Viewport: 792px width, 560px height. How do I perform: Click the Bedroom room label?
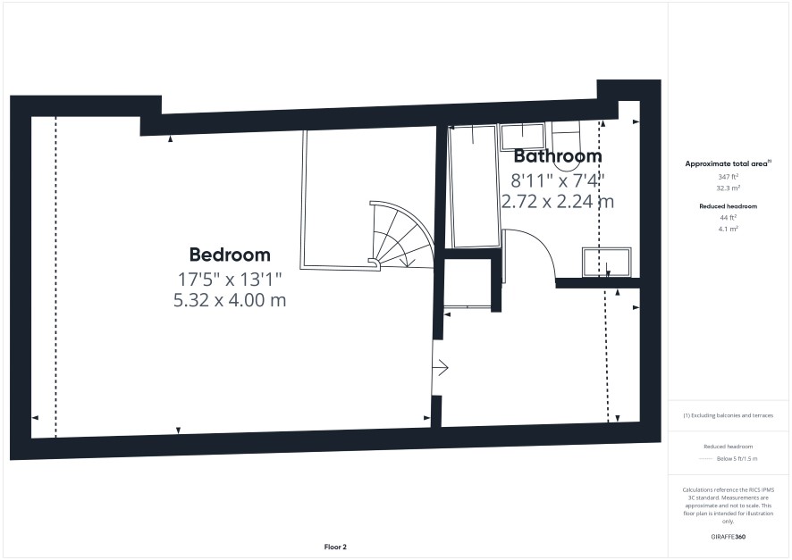230,255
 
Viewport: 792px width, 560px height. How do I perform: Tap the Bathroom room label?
558,156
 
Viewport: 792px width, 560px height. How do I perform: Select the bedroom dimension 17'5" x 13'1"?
230,279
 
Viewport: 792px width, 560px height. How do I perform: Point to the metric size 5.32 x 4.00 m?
230,300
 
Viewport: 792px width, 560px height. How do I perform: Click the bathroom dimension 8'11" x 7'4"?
558,180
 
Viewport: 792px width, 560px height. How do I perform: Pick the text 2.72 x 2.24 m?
558,202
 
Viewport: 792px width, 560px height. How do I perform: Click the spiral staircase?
401,235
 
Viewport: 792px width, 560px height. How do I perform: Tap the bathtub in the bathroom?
473,187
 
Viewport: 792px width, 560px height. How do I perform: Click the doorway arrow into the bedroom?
441,368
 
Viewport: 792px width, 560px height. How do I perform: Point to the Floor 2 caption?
335,547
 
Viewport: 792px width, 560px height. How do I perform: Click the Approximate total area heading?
728,163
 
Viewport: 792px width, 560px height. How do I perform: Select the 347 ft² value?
729,177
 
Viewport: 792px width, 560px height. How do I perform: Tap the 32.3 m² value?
729,188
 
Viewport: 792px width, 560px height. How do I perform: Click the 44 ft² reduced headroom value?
729,217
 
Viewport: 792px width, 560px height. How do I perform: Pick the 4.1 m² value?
729,229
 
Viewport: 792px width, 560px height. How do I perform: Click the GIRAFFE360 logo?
728,537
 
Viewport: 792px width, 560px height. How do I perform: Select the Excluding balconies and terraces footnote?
728,415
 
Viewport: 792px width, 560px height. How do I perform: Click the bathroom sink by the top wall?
522,137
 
